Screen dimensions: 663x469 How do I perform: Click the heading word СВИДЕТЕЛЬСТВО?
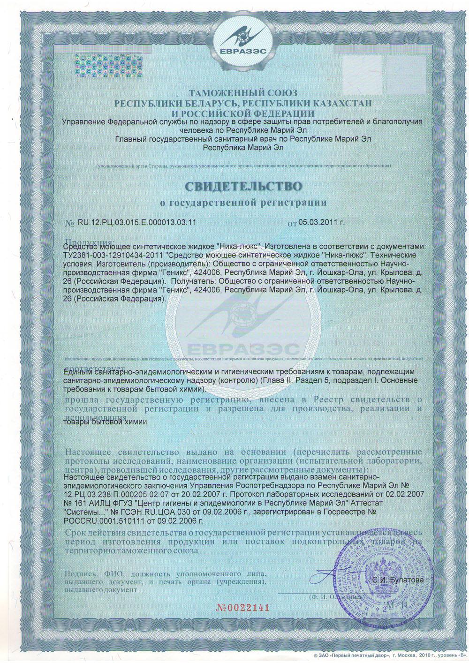(x=243, y=186)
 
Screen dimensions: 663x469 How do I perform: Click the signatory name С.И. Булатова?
(x=398, y=580)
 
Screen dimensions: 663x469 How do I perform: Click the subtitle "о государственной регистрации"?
(x=243, y=203)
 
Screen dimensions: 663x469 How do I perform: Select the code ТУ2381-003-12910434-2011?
(x=113, y=255)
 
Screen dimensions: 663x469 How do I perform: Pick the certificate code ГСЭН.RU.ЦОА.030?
(x=145, y=512)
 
